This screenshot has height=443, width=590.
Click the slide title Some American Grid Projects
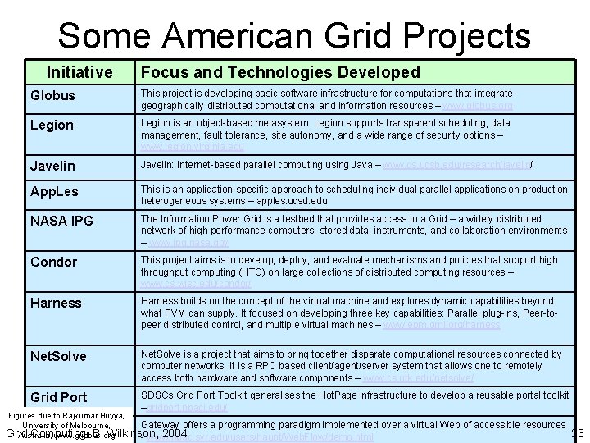(294, 36)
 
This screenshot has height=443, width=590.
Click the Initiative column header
(79, 73)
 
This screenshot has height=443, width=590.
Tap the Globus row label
(52, 95)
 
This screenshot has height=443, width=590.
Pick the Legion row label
(52, 125)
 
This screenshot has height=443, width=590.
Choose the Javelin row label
(52, 166)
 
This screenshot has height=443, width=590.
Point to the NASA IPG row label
(61, 221)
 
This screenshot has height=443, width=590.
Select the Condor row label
(53, 262)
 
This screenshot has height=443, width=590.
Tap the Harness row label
(56, 303)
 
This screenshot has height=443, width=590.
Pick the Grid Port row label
(58, 398)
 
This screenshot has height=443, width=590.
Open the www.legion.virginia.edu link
(192, 147)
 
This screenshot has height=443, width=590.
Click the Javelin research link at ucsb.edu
(456, 165)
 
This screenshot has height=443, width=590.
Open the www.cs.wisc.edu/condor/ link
(196, 284)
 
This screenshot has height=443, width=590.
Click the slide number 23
(578, 434)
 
